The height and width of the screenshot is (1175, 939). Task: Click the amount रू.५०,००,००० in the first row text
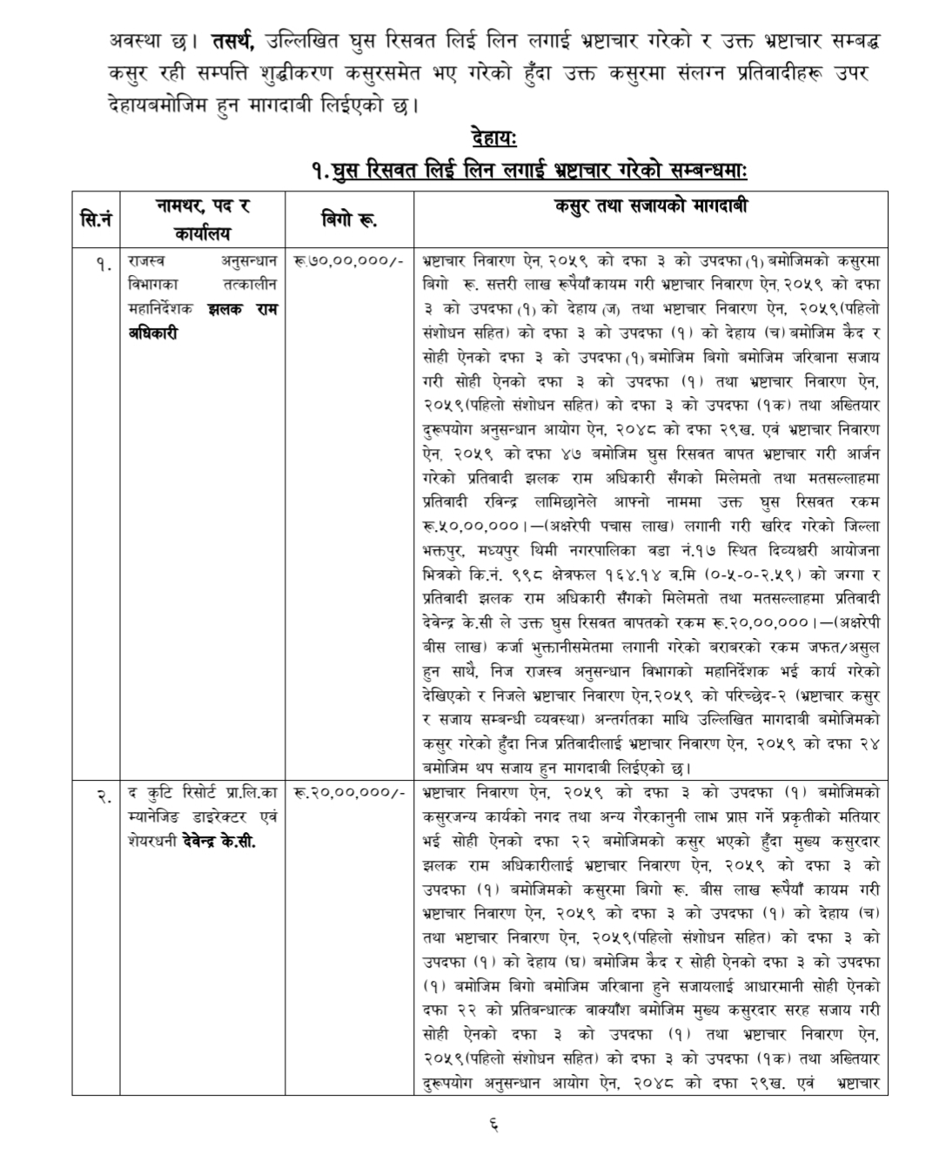[469, 526]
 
